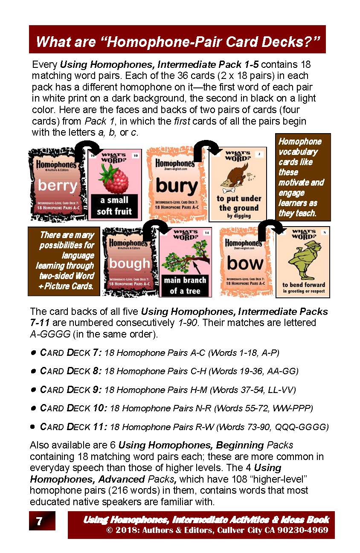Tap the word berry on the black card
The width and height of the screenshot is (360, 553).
pos(57,186)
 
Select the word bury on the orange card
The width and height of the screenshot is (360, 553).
pos(176,186)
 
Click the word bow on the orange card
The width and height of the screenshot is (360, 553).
pos(245,264)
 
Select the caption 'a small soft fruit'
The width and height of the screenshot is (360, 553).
pos(114,205)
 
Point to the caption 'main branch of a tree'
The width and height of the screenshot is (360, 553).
pos(185,285)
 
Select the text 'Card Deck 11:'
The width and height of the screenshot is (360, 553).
pos(73,427)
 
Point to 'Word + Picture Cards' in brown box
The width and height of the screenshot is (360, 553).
pos(66,280)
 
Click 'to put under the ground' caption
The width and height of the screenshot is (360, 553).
pos(238,204)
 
